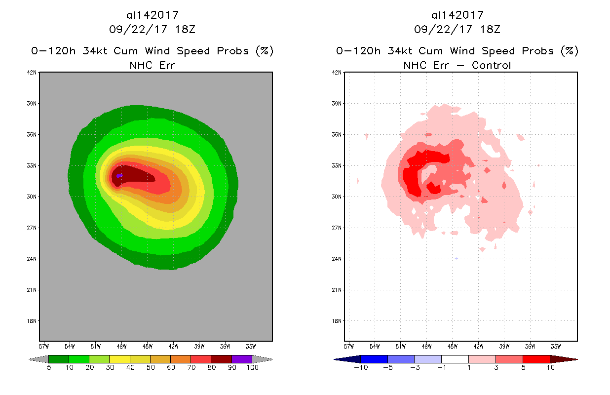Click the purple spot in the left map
click(x=119, y=176)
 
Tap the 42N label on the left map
click(x=32, y=73)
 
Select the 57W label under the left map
click(x=43, y=346)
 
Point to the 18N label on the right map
click(x=337, y=321)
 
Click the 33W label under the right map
click(x=556, y=346)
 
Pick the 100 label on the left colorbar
click(x=252, y=368)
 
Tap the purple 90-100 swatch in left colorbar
click(x=242, y=359)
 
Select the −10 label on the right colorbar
click(x=360, y=368)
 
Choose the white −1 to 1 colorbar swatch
click(x=455, y=359)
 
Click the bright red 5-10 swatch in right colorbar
click(x=536, y=359)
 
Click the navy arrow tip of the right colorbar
click(x=346, y=359)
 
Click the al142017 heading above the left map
click(x=152, y=15)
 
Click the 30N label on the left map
click(x=32, y=197)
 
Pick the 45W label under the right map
click(x=452, y=346)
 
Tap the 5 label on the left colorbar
click(x=49, y=368)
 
